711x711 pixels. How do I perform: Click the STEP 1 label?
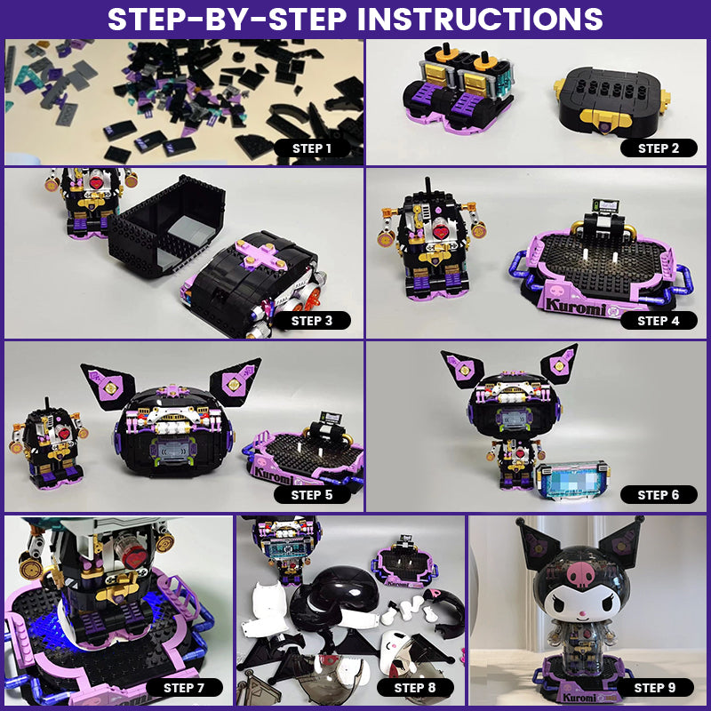pos(312,148)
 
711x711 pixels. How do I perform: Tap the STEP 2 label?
pos(659,148)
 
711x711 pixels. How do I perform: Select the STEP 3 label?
pos(312,321)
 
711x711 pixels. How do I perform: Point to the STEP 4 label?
pos(659,321)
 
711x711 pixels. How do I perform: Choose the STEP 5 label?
pos(312,495)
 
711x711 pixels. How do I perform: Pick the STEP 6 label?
pos(659,495)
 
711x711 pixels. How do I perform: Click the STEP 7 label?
pos(184,687)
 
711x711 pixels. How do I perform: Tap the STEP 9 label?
pos(655,687)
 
